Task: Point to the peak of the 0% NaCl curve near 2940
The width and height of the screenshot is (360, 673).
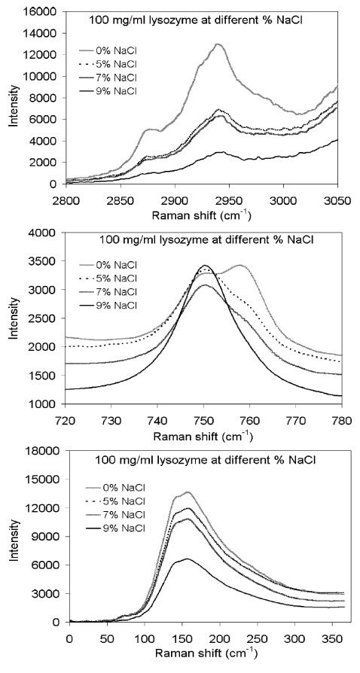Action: pyautogui.click(x=218, y=44)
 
